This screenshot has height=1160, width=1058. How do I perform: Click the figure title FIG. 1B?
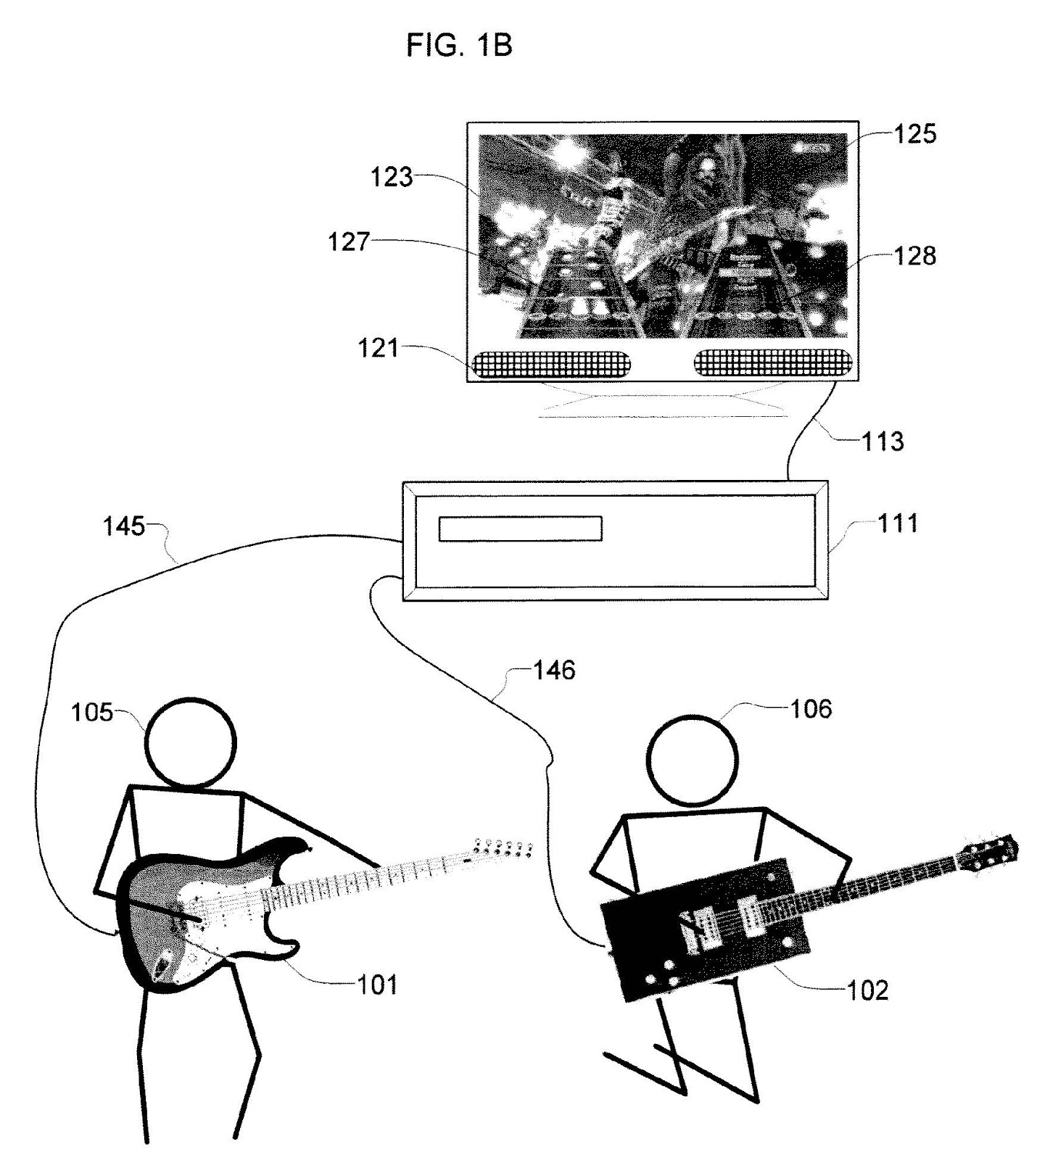459,45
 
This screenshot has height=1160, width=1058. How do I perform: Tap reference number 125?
914,133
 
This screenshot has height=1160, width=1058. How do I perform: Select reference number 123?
392,176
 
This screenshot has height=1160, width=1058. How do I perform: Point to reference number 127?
350,241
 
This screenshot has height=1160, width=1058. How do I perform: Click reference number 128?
915,255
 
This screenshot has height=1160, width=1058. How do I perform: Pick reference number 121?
379,348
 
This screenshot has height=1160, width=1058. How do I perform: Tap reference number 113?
883,441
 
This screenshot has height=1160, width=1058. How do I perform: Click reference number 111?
898,523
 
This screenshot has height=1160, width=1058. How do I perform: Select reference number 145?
124,526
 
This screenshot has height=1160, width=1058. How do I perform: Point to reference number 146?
554,670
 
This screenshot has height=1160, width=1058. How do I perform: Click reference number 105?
92,713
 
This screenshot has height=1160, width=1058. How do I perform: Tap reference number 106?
811,708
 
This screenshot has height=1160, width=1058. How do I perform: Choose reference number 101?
378,985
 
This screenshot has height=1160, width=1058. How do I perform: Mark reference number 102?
867,990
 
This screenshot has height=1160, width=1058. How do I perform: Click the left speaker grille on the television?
551,364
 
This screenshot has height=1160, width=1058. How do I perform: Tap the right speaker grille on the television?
772,362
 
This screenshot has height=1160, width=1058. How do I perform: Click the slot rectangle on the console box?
520,529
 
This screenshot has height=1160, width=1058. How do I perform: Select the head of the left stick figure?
191,742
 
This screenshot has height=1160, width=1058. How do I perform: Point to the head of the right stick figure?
693,760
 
